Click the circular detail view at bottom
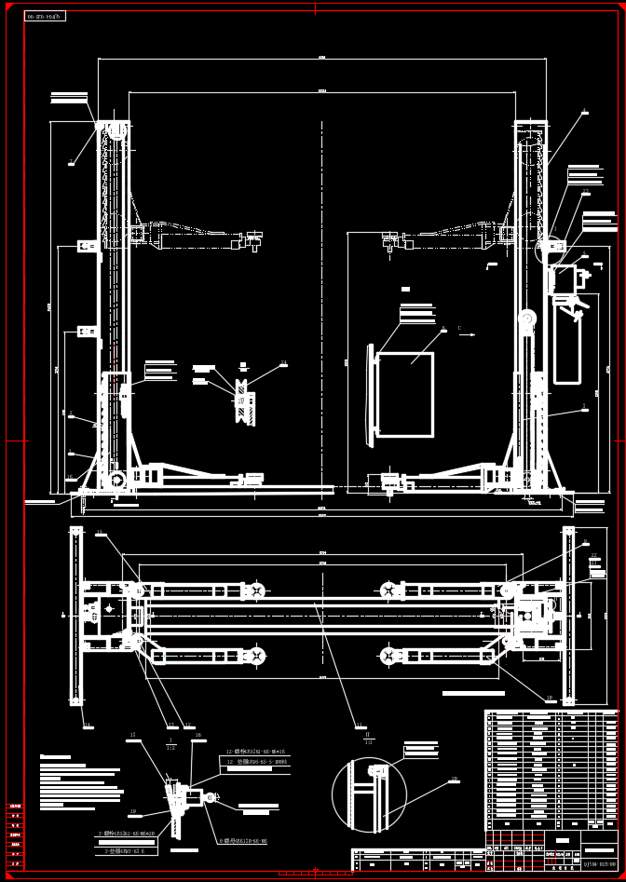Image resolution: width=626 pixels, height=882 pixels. click(369, 794)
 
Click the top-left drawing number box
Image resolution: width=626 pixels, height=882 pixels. click(45, 17)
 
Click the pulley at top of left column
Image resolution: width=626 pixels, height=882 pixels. click(117, 130)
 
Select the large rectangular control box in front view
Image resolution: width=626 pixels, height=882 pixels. click(404, 393)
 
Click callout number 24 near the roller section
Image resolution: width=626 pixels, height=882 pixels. click(283, 363)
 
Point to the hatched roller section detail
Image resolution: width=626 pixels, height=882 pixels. click(244, 402)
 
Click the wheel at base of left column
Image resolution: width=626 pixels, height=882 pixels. click(117, 480)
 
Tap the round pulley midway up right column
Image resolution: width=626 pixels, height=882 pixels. click(527, 319)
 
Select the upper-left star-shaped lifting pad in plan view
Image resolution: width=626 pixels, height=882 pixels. click(254, 590)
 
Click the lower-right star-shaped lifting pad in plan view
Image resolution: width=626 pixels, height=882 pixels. click(389, 657)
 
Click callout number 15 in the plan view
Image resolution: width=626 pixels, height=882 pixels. click(100, 533)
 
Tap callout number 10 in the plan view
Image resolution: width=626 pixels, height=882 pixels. click(549, 698)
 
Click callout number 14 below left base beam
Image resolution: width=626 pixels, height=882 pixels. click(88, 725)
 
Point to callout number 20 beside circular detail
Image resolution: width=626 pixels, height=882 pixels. click(454, 779)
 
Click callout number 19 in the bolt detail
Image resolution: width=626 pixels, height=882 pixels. click(133, 811)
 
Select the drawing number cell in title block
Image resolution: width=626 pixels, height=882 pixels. click(598, 863)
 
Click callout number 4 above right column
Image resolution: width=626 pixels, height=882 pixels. click(584, 110)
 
